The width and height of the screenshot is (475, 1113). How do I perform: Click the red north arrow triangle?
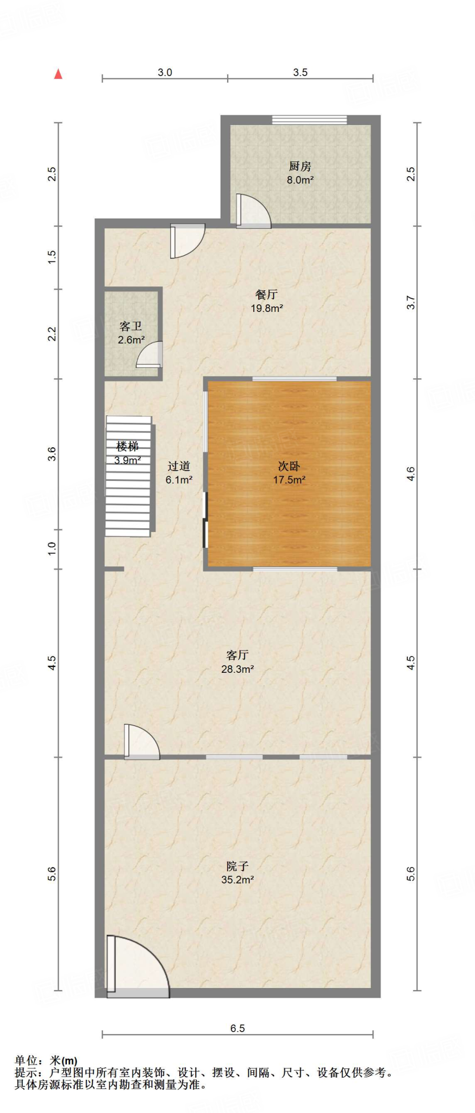[58, 74]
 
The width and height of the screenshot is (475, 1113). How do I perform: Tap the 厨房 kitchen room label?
[299, 166]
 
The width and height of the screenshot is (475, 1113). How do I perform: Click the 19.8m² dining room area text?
[266, 308]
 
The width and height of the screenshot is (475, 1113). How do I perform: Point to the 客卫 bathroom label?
[130, 326]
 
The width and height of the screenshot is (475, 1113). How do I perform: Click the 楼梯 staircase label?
[127, 447]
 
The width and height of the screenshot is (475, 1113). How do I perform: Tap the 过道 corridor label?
[178, 466]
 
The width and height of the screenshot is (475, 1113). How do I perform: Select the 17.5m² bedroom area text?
[289, 480]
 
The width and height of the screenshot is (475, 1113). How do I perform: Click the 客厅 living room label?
[237, 655]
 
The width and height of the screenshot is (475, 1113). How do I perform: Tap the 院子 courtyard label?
[237, 866]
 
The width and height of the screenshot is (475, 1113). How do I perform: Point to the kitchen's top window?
[309, 120]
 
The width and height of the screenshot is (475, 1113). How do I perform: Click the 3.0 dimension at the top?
[165, 72]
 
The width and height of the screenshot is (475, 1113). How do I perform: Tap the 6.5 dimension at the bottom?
[237, 1028]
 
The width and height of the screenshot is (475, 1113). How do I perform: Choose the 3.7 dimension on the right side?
[411, 303]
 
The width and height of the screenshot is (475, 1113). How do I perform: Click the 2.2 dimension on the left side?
[52, 334]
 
